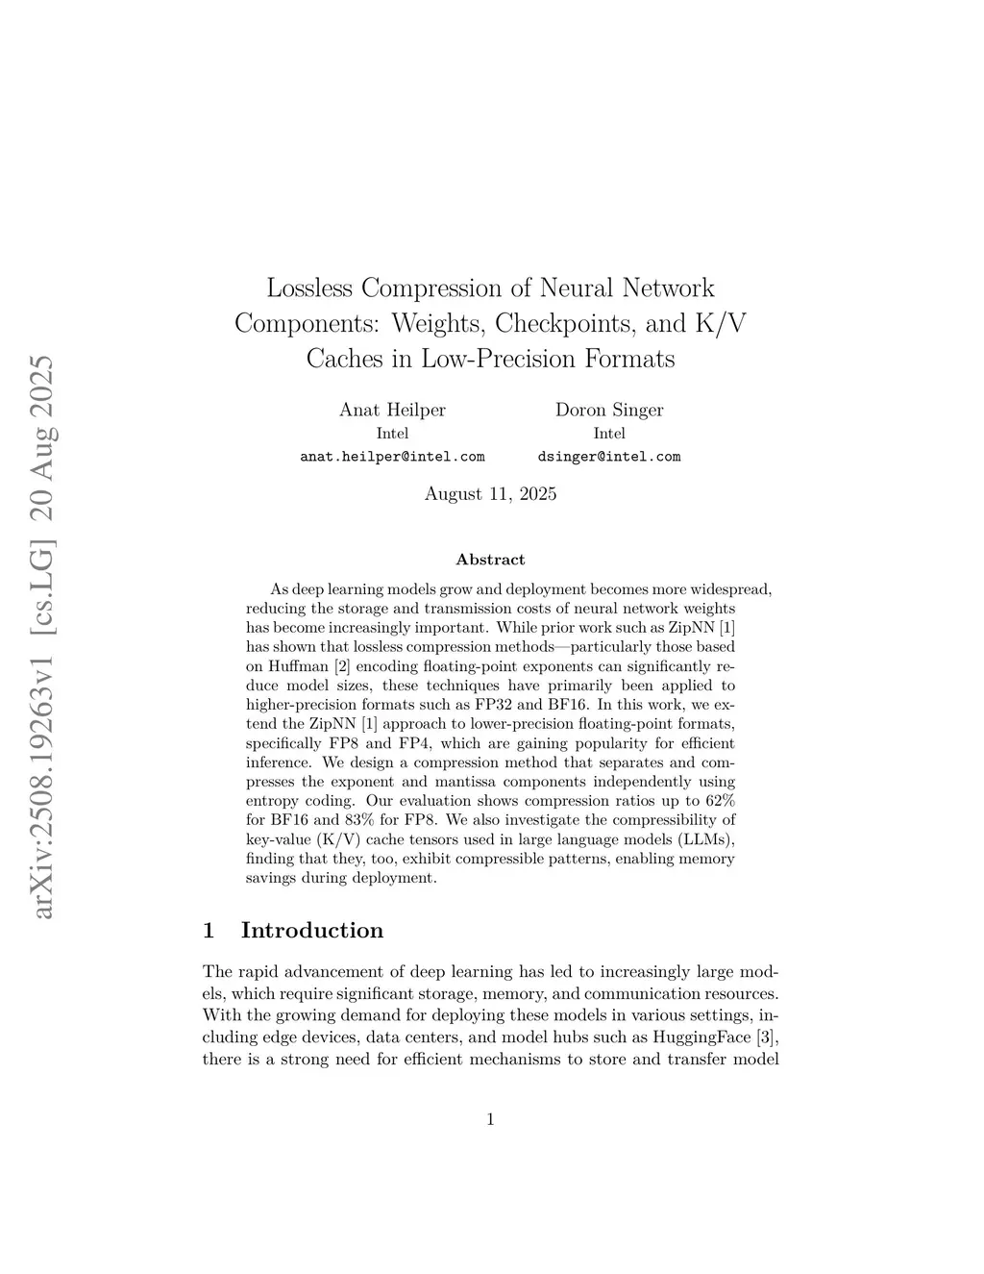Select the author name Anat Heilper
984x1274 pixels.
392,410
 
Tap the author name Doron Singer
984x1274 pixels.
609,410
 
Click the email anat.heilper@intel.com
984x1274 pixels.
392,457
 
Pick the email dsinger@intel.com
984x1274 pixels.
609,457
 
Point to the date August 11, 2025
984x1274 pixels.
490,494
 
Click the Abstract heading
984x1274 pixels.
490,560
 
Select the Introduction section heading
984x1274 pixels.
311,930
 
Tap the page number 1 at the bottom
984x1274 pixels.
490,1118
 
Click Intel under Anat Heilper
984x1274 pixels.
392,434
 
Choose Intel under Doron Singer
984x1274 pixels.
609,434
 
